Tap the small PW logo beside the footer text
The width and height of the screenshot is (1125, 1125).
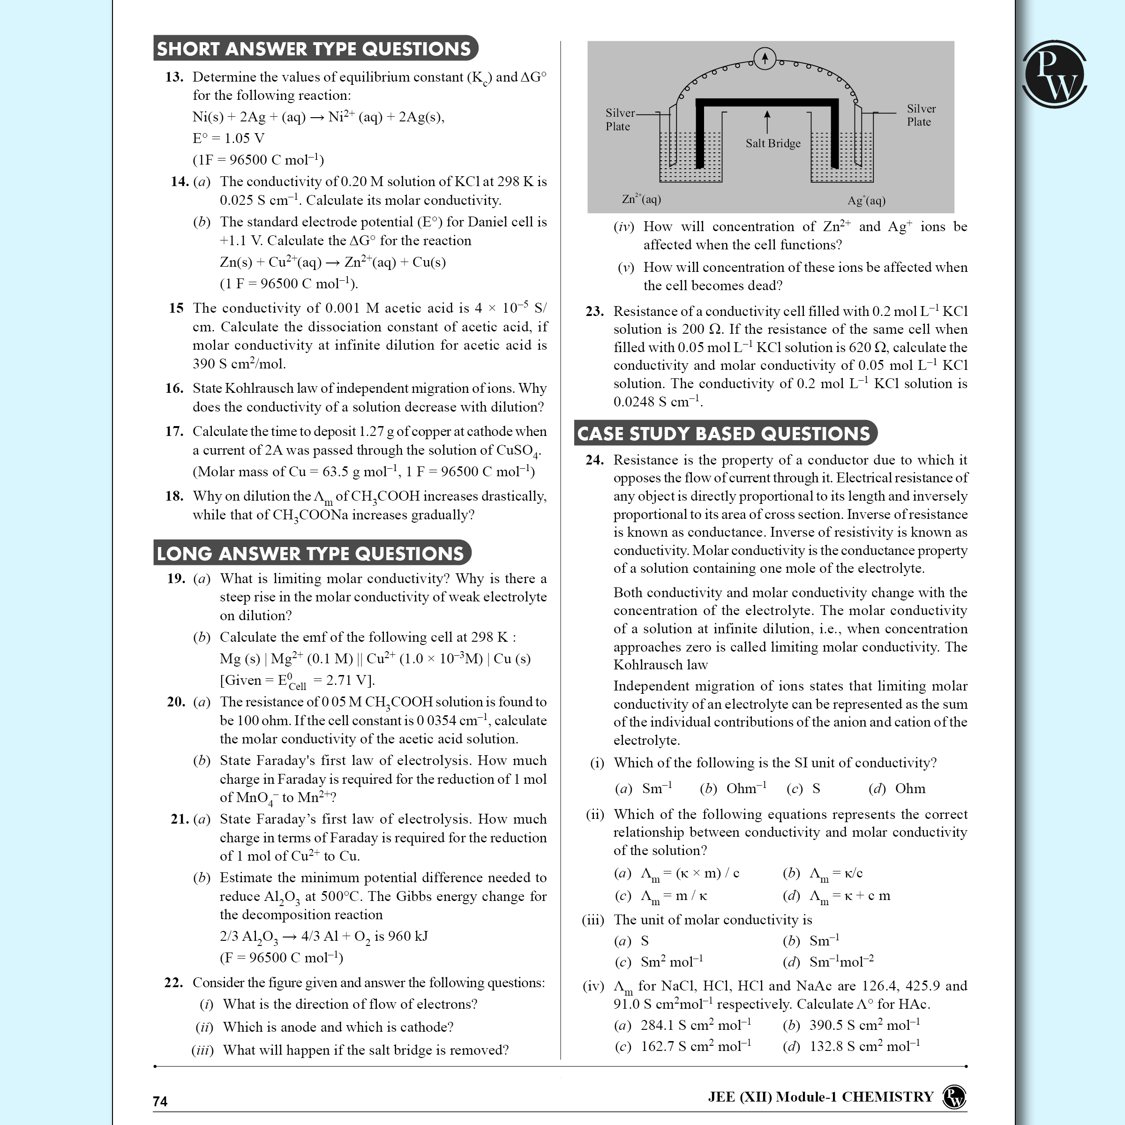[x=954, y=1097]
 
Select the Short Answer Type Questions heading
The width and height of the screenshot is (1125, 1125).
[x=315, y=48]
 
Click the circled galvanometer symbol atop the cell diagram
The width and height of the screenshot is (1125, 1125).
[x=765, y=58]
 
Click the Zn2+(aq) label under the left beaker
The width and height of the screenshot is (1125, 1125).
[x=641, y=199]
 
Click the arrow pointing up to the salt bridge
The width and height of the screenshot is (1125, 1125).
[x=767, y=122]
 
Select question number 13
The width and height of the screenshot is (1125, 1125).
[x=174, y=77]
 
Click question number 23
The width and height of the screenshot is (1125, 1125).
[x=594, y=312]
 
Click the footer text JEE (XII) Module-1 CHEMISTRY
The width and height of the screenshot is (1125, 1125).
[x=820, y=1097]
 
